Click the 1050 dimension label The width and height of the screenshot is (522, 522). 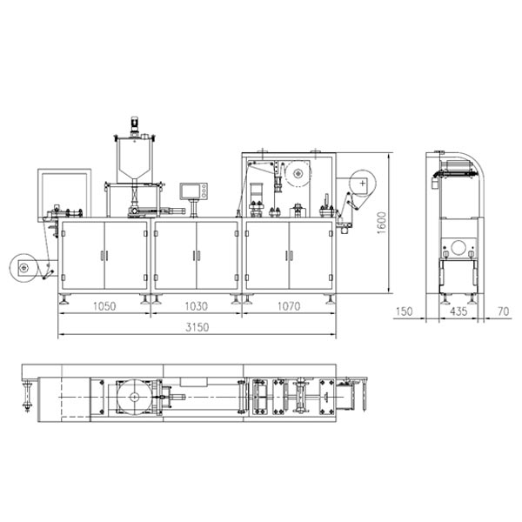[x=104, y=306]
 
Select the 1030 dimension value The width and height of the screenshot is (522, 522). [x=196, y=306]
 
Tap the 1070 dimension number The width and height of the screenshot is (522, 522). [x=289, y=306]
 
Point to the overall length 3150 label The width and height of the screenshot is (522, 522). [x=197, y=327]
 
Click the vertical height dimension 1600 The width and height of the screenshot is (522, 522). [x=382, y=223]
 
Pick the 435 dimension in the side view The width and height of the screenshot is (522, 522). [x=458, y=311]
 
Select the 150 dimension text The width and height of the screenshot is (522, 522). [x=404, y=311]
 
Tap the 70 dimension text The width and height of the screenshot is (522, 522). [x=504, y=311]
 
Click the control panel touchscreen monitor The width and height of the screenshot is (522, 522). [x=194, y=191]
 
